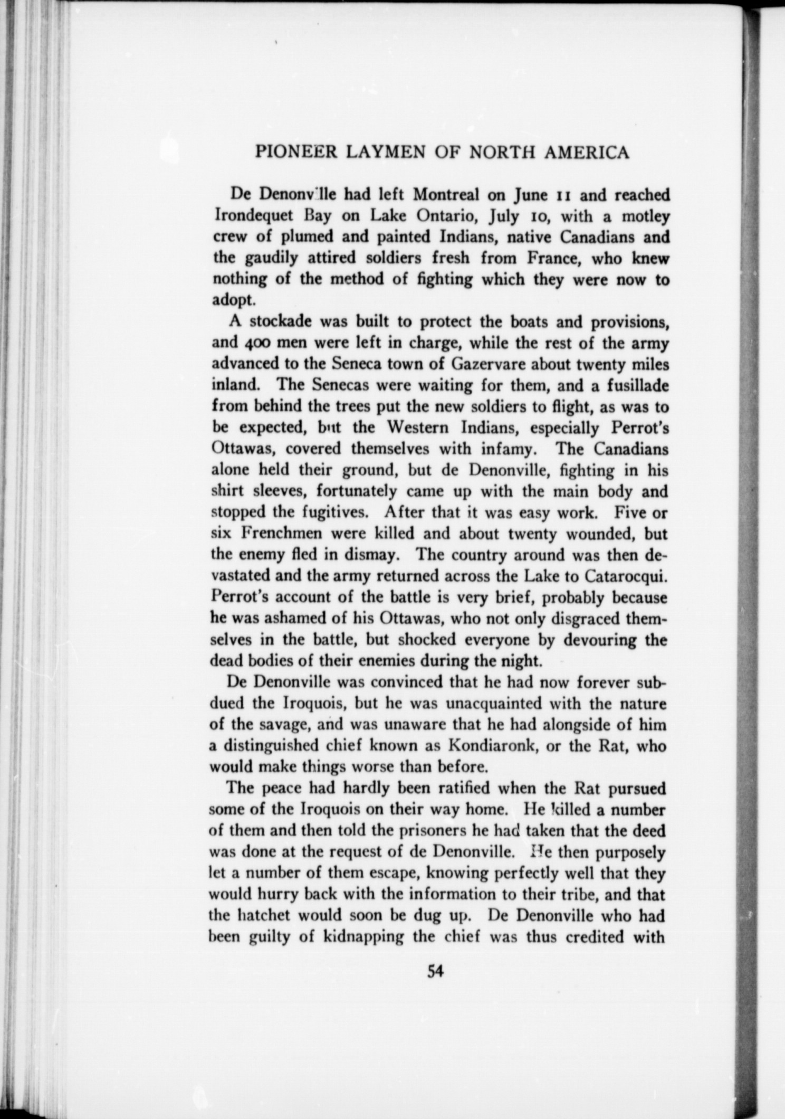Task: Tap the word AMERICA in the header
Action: pyautogui.click(x=586, y=153)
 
